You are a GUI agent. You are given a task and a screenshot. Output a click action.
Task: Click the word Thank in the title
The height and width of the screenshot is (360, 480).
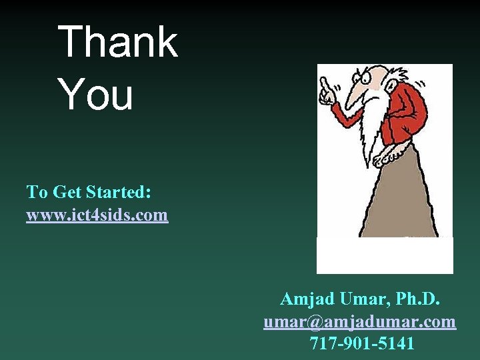[x=118, y=42]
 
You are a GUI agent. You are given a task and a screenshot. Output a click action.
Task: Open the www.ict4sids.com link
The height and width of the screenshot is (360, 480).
[x=97, y=215]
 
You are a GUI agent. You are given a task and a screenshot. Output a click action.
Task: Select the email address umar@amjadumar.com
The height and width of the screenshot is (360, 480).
[x=360, y=322]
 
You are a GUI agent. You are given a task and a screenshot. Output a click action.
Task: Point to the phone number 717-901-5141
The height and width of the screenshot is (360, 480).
[x=362, y=343]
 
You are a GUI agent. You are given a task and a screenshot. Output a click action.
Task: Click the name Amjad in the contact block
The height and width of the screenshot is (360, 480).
[x=308, y=299]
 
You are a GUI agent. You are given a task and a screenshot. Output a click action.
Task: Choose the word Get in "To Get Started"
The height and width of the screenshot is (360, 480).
[x=65, y=193]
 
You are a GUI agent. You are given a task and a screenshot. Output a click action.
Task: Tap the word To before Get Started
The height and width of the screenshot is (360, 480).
[x=36, y=193]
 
